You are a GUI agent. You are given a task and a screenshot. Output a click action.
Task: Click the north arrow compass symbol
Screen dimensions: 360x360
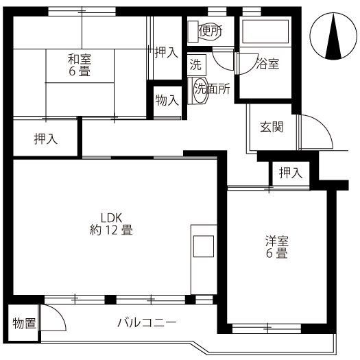point(333,36)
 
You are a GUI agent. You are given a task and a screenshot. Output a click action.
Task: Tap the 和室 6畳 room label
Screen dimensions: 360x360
point(80,65)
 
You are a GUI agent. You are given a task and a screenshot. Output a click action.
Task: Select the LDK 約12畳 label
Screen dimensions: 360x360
point(111,224)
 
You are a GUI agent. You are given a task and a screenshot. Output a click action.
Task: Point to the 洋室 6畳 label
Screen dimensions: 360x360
point(277,247)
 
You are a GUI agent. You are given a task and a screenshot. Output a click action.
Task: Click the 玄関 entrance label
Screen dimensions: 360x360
point(272,127)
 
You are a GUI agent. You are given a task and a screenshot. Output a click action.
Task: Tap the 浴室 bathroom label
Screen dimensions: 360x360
point(267,64)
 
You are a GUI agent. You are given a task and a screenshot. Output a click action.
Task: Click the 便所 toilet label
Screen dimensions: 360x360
point(210,31)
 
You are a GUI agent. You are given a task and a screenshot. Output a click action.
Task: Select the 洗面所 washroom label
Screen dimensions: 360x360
point(212,88)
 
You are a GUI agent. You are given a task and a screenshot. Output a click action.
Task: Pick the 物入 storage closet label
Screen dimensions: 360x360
point(167,100)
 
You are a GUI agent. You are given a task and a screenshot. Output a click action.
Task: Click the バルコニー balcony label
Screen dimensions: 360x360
point(147,322)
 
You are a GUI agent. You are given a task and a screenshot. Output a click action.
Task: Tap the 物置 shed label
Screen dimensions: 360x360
point(24,324)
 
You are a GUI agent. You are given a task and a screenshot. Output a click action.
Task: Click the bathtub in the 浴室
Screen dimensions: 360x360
point(265,32)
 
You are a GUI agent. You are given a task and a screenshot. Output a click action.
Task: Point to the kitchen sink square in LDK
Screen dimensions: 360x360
point(204,246)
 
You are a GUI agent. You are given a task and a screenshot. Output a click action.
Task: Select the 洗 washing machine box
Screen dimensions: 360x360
point(197,64)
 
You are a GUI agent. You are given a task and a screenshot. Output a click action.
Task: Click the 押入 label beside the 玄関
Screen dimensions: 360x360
point(291,173)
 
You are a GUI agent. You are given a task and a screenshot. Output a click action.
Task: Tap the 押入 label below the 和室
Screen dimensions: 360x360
point(46,139)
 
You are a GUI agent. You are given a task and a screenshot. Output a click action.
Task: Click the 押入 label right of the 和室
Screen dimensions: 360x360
point(167,52)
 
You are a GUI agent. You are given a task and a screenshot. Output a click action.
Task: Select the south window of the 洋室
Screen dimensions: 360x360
point(267,328)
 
